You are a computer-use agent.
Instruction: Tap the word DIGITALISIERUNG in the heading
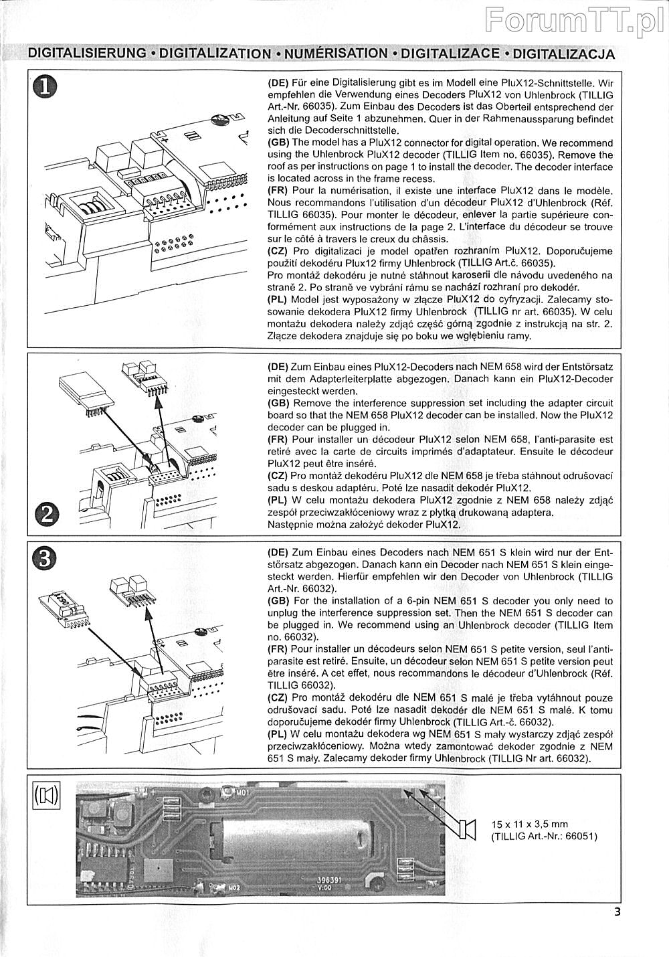tap(87, 54)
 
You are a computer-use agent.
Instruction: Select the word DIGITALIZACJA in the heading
tap(563, 54)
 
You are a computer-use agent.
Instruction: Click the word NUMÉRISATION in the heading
tap(337, 54)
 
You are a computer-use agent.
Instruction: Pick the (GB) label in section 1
tap(278, 143)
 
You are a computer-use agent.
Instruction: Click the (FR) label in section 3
tap(278, 649)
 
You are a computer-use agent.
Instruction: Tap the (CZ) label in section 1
tap(278, 251)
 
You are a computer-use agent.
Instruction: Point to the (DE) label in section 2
tap(278, 367)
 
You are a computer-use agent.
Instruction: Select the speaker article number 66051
tap(581, 837)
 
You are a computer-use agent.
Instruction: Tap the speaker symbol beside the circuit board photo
tap(466, 829)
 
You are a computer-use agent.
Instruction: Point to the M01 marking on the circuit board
tap(242, 794)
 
